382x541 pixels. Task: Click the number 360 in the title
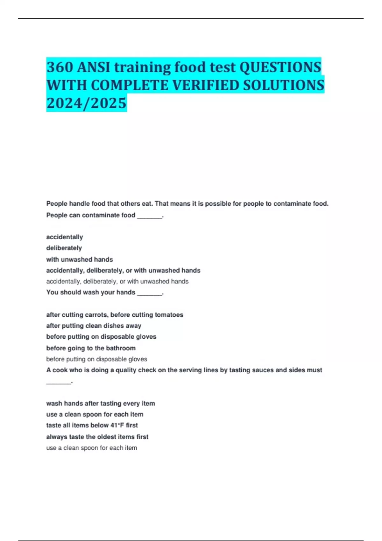tap(60, 67)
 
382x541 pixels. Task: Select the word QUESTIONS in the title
tap(280, 67)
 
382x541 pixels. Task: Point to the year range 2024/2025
tap(86, 103)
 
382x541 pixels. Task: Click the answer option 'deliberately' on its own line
tap(64, 248)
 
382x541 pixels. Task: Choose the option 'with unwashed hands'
tap(80, 259)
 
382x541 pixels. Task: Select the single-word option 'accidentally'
tap(65, 237)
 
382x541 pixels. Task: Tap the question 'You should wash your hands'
tap(91, 292)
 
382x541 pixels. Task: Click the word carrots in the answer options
tap(96, 315)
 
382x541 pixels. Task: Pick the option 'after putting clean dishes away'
tap(94, 326)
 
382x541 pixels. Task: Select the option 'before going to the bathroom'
tap(91, 348)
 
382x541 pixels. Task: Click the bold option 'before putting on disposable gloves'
tap(101, 337)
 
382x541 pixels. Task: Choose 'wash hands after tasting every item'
tap(101, 404)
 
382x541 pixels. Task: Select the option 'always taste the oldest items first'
tap(97, 437)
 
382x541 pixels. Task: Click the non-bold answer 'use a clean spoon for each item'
tap(91, 448)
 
